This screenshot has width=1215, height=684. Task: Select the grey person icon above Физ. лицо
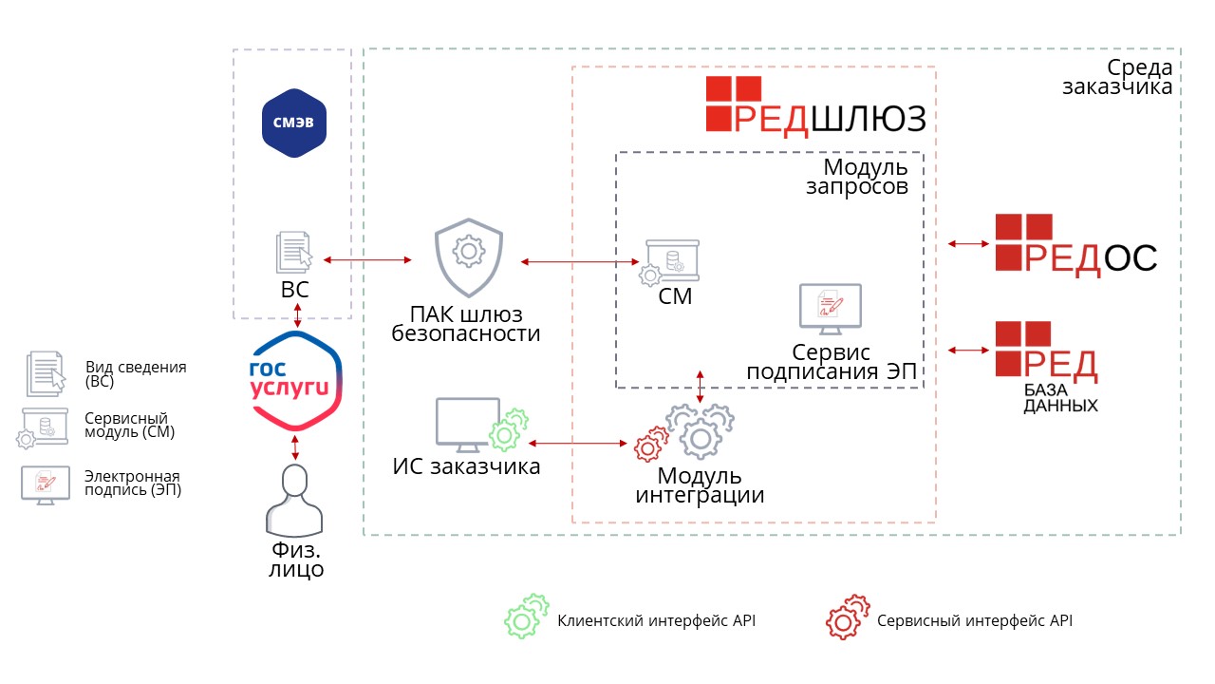click(x=294, y=500)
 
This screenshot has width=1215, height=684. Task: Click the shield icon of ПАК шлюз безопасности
click(x=467, y=257)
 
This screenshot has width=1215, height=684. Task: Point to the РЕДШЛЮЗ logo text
click(x=816, y=104)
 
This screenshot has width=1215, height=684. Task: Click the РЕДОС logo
click(x=1076, y=244)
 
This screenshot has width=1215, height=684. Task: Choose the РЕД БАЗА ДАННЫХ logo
click(x=1047, y=366)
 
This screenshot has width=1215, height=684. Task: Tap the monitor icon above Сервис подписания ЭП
click(x=830, y=309)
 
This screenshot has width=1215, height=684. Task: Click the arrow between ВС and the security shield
click(x=367, y=259)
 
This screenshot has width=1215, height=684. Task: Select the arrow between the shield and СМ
click(x=579, y=261)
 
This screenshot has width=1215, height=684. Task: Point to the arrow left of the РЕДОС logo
click(x=967, y=245)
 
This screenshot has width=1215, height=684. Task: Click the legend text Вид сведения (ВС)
click(x=136, y=373)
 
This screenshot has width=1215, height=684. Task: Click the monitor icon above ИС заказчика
click(x=467, y=424)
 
